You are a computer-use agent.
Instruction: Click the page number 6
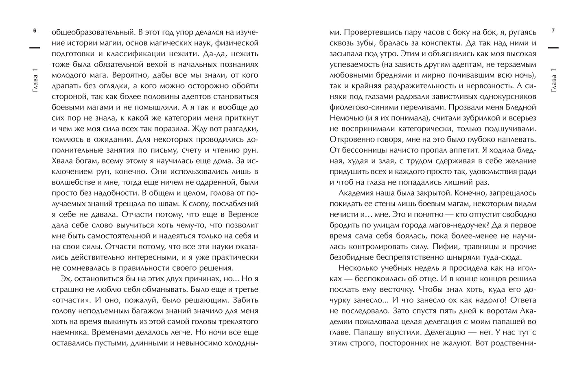tap(35, 31)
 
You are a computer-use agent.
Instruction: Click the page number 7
tap(553, 31)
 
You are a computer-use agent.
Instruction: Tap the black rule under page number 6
tap(35, 48)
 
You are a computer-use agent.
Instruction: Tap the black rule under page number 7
tap(553, 48)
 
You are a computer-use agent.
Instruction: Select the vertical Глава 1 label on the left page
tap(35, 82)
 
